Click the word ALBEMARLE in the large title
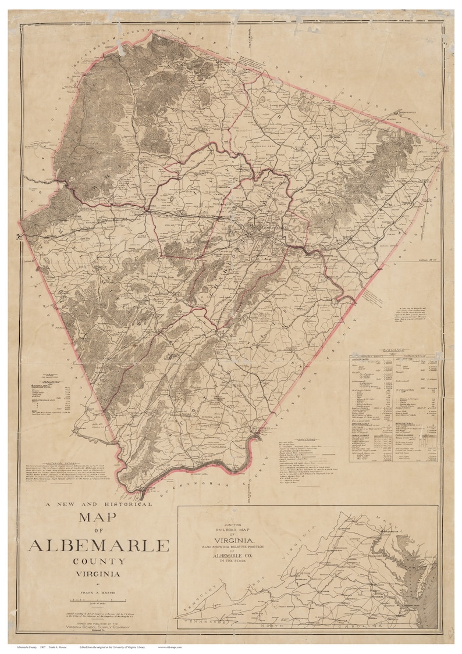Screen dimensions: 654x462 [x=98, y=545]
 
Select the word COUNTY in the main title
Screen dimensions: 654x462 [x=99, y=562]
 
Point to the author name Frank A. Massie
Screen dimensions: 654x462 [x=98, y=587]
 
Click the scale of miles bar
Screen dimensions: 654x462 [x=98, y=597]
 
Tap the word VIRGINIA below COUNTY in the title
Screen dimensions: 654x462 [x=99, y=574]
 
